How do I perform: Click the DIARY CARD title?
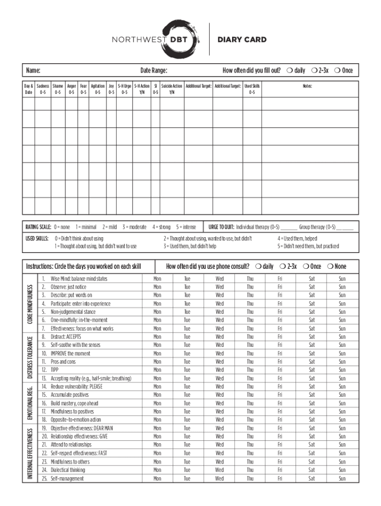tap(242, 40)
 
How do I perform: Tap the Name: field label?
tap(33, 71)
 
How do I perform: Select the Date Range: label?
tap(153, 71)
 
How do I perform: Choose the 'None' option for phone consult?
tap(336, 266)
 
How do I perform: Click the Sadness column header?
tap(43, 86)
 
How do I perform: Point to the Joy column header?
tap(111, 86)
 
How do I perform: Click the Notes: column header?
tap(307, 86)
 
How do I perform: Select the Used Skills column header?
tap(252, 86)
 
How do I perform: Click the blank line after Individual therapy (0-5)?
tap(289, 228)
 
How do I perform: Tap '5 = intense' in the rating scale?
tap(186, 227)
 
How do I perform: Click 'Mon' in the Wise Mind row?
tap(157, 279)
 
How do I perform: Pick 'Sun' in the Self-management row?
tap(342, 478)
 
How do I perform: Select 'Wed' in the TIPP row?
tap(219, 370)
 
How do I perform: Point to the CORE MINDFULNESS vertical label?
tap(30, 304)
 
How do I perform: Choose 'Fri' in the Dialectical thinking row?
tap(280, 470)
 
